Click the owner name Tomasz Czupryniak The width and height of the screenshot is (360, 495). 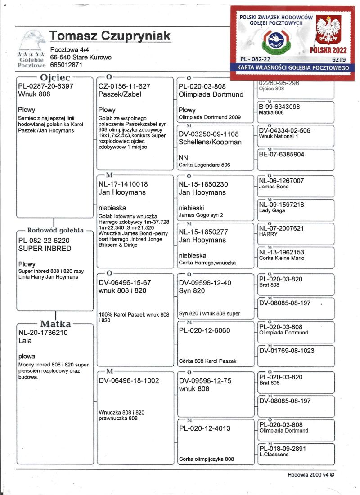pyautogui.click(x=110, y=36)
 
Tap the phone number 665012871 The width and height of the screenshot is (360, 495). pyautogui.click(x=67, y=65)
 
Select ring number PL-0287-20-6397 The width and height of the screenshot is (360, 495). pyautogui.click(x=45, y=86)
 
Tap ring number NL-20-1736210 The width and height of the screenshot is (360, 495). pyautogui.click(x=44, y=333)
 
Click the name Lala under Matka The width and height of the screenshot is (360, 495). pyautogui.click(x=25, y=341)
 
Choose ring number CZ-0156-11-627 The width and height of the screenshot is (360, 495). pyautogui.click(x=124, y=86)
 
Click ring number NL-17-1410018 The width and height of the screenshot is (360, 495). pyautogui.click(x=123, y=184)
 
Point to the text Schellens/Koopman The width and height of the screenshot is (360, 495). pyautogui.click(x=210, y=142)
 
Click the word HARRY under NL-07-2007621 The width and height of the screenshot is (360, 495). pyautogui.click(x=269, y=234)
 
